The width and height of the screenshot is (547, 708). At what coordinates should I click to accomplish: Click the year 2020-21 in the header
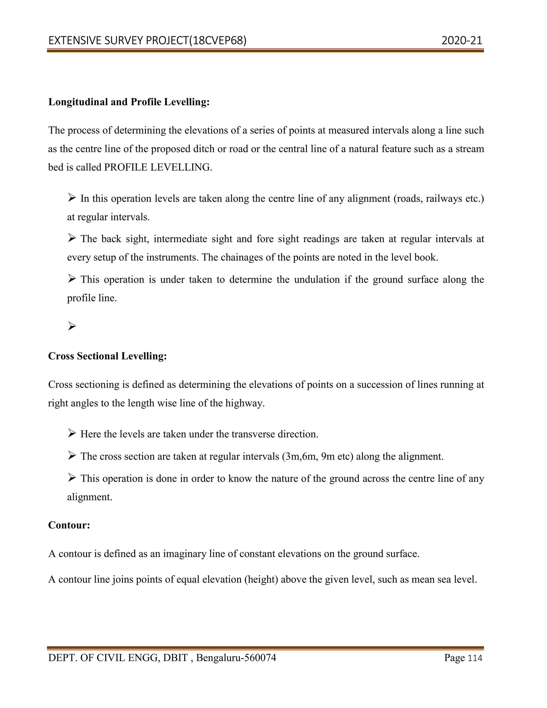(x=462, y=41)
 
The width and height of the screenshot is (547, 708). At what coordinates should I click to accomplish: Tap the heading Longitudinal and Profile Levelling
(x=129, y=102)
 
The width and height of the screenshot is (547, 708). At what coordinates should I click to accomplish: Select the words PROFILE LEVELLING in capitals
(x=158, y=167)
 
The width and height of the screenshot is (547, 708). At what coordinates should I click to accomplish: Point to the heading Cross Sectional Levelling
(x=107, y=356)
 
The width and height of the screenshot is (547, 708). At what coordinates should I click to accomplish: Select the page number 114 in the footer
(x=475, y=658)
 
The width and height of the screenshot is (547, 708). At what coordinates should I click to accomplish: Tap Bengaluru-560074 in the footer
(x=236, y=658)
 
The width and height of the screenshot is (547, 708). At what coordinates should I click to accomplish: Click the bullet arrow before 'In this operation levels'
(x=72, y=197)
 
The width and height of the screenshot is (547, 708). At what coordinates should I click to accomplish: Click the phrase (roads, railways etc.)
(x=439, y=199)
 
